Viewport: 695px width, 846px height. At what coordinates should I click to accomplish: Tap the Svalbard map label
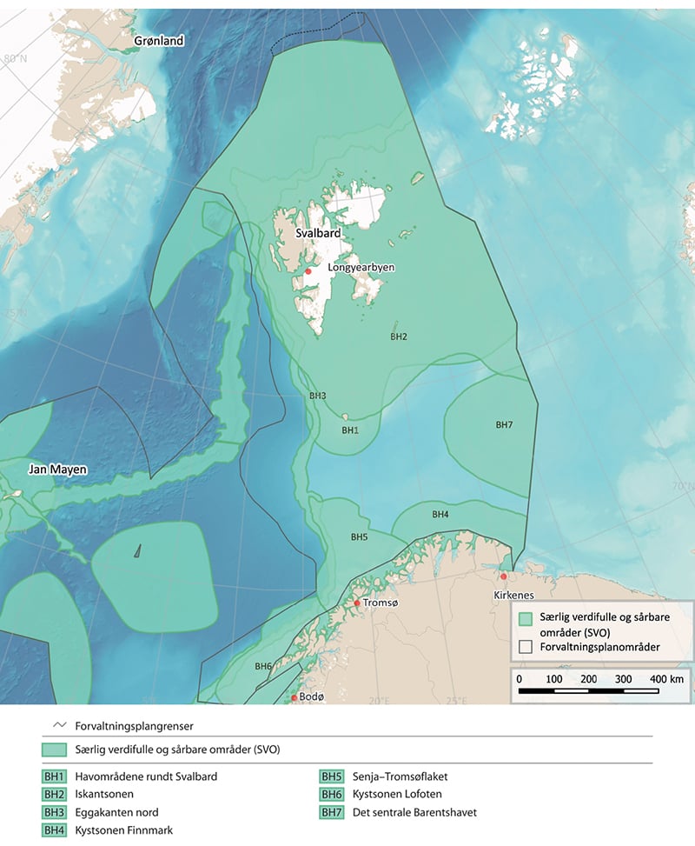tap(315, 234)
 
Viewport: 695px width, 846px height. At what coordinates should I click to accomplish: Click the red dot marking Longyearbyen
tap(308, 271)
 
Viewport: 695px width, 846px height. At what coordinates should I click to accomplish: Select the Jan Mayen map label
tap(58, 470)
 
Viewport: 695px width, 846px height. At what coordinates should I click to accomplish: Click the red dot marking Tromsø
tap(357, 603)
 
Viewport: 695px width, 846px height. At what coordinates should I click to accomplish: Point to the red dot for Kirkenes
tap(503, 576)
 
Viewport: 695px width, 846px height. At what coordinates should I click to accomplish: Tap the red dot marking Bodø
tap(295, 697)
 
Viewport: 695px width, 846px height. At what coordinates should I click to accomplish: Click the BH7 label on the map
tap(504, 425)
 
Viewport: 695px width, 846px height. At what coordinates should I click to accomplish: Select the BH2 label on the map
tap(399, 336)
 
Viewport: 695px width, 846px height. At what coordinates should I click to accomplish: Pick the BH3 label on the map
tap(318, 396)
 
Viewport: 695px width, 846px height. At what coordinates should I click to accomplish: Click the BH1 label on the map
tap(349, 430)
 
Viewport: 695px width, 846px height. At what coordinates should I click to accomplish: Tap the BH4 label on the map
tap(440, 515)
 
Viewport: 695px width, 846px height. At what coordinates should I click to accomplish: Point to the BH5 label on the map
tap(359, 537)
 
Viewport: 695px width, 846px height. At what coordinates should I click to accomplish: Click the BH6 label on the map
tap(263, 666)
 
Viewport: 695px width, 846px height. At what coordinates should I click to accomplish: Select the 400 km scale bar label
tap(665, 677)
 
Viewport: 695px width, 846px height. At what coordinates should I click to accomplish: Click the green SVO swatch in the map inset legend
tap(526, 619)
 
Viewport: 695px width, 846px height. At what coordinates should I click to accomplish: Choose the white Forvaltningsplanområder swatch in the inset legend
tap(526, 647)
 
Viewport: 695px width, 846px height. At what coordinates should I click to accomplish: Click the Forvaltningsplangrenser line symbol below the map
tap(60, 724)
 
